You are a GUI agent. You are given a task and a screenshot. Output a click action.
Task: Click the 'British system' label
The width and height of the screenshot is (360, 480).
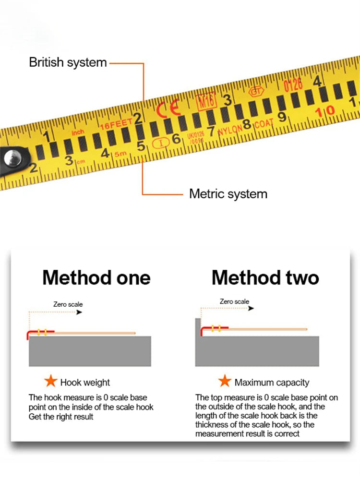pos(68,62)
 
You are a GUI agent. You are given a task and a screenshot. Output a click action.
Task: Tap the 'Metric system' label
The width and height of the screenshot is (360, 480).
pos(228,194)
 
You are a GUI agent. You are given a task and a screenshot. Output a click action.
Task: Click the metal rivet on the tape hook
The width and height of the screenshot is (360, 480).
pos(10,157)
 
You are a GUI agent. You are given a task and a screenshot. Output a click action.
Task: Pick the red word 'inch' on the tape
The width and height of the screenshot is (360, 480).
pos(77,132)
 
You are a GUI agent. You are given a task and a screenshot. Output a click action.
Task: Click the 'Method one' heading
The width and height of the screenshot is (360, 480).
pos(96,277)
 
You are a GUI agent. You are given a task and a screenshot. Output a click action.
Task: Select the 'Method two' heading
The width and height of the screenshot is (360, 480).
pos(265,277)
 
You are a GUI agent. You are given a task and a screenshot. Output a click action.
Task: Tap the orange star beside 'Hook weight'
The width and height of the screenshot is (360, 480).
pos(50,382)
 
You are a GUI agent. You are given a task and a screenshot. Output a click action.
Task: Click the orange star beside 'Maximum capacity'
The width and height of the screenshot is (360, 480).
pos(225,382)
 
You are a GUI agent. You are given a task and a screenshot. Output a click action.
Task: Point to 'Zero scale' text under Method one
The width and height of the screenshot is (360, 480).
pos(68,304)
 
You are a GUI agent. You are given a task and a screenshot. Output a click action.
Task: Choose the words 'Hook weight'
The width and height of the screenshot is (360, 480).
pos(85,383)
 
